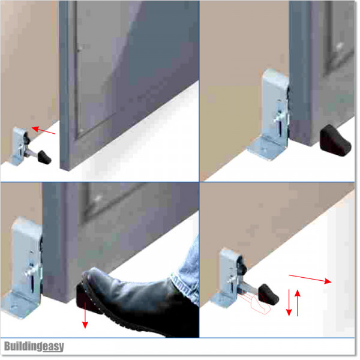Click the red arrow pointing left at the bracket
44,131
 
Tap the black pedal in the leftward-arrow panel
43,157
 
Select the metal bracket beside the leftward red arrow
20,146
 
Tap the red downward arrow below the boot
85,316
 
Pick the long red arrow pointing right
310,278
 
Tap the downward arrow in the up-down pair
289,302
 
